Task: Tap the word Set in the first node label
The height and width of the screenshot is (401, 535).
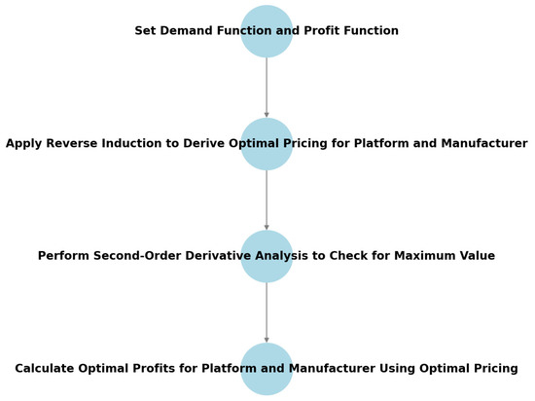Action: pos(145,31)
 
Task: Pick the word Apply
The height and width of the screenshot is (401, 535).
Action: pos(24,144)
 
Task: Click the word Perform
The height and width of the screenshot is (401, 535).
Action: pos(64,256)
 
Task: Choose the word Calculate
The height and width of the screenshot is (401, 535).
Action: pos(45,369)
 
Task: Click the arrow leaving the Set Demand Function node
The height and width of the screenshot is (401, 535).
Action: pos(267,88)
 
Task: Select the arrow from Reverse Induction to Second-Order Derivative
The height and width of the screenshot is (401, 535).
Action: pos(267,200)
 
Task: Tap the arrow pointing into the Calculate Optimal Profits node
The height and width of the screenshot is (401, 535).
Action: pos(267,313)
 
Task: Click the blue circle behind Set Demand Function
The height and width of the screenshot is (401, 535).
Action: pos(267,31)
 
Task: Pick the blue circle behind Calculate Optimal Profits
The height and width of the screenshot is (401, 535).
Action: pos(267,369)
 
